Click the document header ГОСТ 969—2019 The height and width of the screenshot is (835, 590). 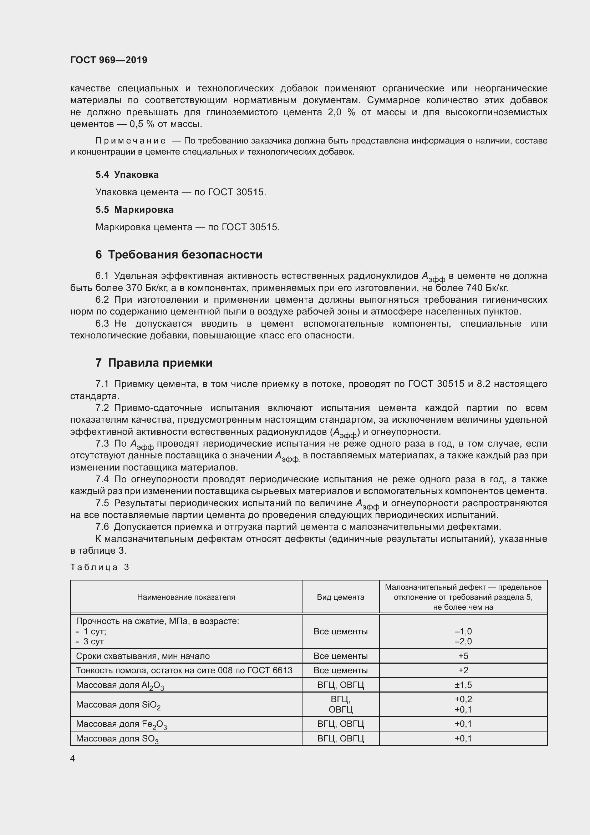(109, 60)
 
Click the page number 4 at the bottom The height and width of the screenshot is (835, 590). (72, 758)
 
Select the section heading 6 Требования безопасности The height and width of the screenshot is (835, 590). (179, 255)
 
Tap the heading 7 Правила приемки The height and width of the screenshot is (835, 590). (154, 363)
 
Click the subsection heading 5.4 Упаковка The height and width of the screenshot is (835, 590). (127, 175)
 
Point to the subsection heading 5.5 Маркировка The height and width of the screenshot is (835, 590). (134, 210)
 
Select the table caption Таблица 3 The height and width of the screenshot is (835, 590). (100, 567)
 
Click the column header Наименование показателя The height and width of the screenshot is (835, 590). (186, 597)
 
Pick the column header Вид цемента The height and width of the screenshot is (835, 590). (340, 597)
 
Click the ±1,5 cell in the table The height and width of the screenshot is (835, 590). (463, 685)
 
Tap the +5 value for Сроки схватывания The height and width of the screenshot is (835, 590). (463, 656)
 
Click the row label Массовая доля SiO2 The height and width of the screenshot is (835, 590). (118, 705)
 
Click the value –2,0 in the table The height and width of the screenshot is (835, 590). (463, 641)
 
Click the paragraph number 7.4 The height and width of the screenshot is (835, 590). (102, 479)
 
